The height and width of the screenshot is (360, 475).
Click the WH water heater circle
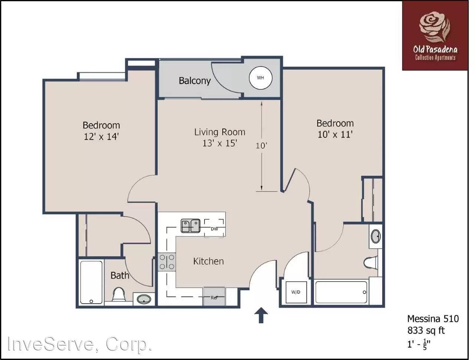click(x=261, y=78)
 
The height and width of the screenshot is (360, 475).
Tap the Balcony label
click(x=194, y=81)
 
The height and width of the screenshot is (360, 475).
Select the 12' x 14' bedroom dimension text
click(x=101, y=137)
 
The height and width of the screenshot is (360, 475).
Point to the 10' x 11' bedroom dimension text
click(x=335, y=135)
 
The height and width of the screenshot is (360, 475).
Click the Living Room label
click(x=220, y=132)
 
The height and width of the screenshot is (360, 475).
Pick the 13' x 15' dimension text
click(x=220, y=143)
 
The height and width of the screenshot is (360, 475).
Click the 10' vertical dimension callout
click(x=261, y=146)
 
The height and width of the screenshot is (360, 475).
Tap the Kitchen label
click(x=209, y=261)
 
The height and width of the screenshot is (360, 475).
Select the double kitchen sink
click(x=190, y=226)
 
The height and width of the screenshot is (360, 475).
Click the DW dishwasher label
click(x=214, y=229)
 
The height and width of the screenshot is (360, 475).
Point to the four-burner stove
click(x=167, y=262)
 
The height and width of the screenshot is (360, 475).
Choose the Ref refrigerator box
click(x=214, y=297)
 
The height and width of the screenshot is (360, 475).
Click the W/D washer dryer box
click(x=296, y=292)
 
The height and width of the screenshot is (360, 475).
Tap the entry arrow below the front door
click(x=261, y=315)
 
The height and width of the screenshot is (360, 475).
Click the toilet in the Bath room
click(x=118, y=294)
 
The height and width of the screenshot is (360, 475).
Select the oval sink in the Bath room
click(x=144, y=299)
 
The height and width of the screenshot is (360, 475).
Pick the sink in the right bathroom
click(x=376, y=236)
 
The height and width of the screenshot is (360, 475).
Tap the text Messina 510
click(x=433, y=319)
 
